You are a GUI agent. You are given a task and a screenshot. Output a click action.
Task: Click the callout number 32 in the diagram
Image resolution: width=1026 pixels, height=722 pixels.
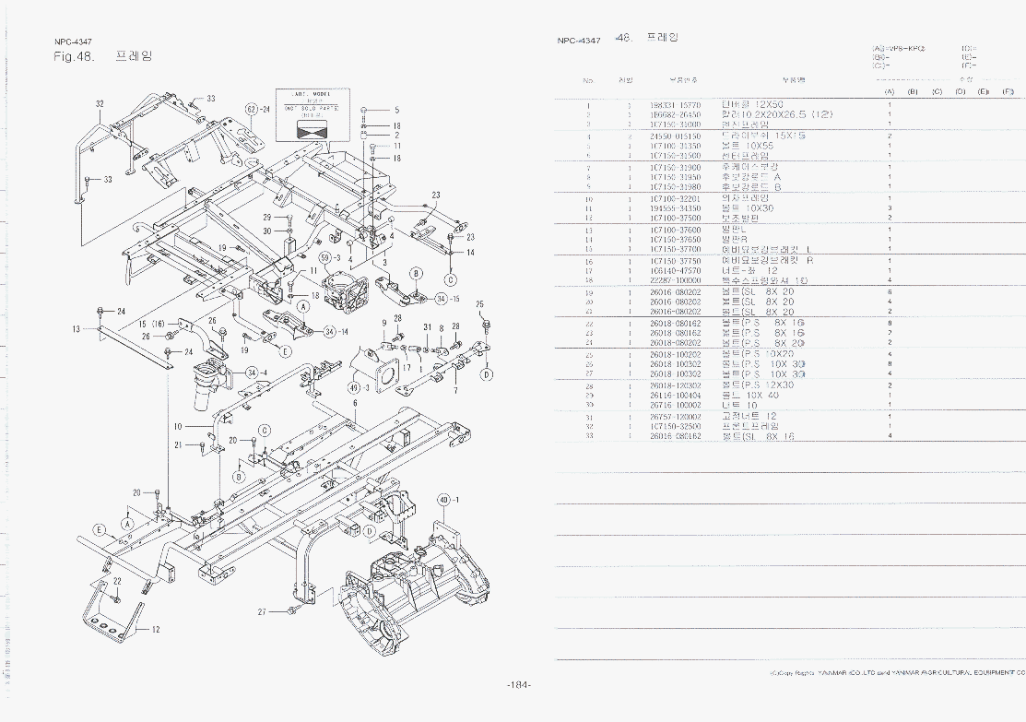click(100, 104)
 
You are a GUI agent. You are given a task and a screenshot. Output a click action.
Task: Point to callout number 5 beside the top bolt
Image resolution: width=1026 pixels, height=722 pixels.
click(396, 111)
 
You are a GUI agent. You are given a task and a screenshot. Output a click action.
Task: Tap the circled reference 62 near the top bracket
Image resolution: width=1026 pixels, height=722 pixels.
click(251, 110)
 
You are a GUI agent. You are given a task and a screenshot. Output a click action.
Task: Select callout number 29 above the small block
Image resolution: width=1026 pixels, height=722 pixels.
click(266, 218)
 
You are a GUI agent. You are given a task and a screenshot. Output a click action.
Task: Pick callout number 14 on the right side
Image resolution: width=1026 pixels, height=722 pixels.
click(470, 253)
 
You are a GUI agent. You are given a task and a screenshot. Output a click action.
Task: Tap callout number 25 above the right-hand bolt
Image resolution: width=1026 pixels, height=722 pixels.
click(479, 304)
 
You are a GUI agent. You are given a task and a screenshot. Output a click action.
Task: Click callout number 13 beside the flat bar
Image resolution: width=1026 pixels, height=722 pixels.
click(76, 328)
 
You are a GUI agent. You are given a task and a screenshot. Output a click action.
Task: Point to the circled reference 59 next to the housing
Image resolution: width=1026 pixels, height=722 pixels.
click(325, 257)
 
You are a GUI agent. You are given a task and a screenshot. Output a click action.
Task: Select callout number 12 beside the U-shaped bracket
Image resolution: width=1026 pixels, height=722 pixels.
click(156, 630)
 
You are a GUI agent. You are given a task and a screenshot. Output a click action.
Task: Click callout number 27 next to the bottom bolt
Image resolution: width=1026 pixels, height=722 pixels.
click(262, 611)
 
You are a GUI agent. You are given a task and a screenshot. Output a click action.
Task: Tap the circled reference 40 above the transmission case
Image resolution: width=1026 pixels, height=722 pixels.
click(443, 500)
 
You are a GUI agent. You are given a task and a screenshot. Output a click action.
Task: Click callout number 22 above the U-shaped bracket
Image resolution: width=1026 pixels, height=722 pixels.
click(117, 581)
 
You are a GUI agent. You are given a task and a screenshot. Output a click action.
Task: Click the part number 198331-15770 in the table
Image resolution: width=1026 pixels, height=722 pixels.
click(675, 106)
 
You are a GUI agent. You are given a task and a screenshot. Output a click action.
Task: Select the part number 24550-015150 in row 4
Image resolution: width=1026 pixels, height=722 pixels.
click(675, 136)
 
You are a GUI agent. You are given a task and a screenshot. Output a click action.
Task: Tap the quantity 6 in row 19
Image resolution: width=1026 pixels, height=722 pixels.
click(889, 292)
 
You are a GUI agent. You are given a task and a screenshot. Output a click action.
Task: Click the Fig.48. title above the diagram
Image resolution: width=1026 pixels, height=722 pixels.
click(75, 56)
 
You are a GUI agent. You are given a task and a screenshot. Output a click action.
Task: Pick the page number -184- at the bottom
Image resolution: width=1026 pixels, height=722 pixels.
click(519, 685)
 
